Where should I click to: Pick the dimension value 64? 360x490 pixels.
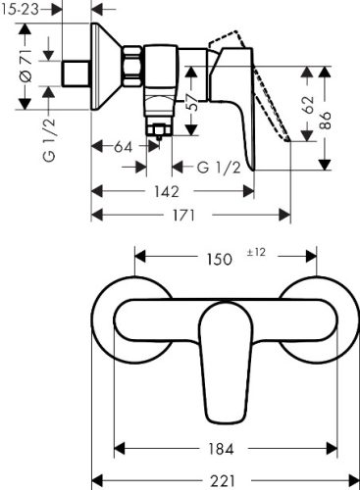click(123, 147)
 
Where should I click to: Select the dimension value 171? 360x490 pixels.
click(184, 216)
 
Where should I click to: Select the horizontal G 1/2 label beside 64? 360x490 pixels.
click(217, 168)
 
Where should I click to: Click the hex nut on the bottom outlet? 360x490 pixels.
click(157, 126)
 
